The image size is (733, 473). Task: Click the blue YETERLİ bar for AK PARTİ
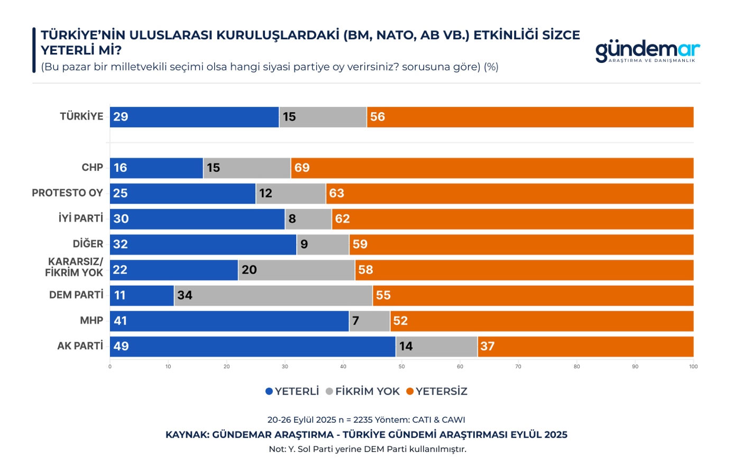tap(253, 347)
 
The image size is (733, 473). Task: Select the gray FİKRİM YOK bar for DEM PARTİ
tap(273, 295)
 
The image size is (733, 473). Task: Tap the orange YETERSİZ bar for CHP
tap(492, 168)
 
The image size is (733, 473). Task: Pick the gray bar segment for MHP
tap(370, 321)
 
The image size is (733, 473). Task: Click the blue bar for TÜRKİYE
tap(195, 117)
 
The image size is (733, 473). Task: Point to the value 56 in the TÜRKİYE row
tap(378, 117)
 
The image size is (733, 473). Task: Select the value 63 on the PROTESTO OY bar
tap(336, 193)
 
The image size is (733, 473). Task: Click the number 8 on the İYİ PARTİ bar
tap(292, 219)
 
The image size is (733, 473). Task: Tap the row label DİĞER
tap(88, 244)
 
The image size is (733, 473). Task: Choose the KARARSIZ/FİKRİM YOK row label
tap(74, 268)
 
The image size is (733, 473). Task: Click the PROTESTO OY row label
tap(67, 193)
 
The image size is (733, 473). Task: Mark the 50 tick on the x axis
tap(402, 366)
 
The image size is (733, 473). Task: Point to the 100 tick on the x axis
tap(693, 366)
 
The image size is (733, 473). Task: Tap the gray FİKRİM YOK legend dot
tap(329, 392)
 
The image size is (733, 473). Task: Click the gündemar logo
tap(647, 52)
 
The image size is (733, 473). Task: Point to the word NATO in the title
tap(396, 35)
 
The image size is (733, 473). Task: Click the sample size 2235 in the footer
tap(363, 420)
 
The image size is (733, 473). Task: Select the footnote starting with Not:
tap(367, 449)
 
